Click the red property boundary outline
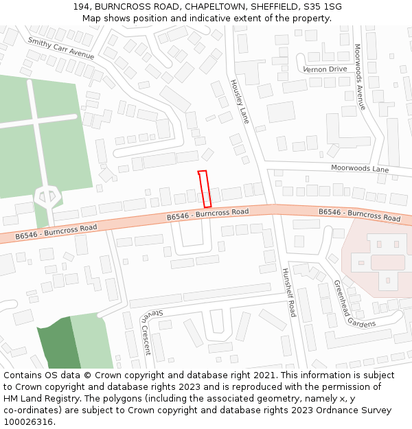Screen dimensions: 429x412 pos(204,189)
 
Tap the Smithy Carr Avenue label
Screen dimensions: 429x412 pos(60,48)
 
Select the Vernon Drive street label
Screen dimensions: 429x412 pos(325,69)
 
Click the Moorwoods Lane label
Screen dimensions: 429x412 pos(359,168)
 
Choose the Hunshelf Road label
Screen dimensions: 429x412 pos(289,292)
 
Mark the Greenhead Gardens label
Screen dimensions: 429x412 pos(354,303)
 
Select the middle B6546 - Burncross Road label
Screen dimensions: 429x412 pos(207,215)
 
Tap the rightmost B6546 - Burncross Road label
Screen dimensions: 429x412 pos(359,215)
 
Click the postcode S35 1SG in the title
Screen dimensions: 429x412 pos(323,7)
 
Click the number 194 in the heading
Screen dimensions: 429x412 pos(81,7)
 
